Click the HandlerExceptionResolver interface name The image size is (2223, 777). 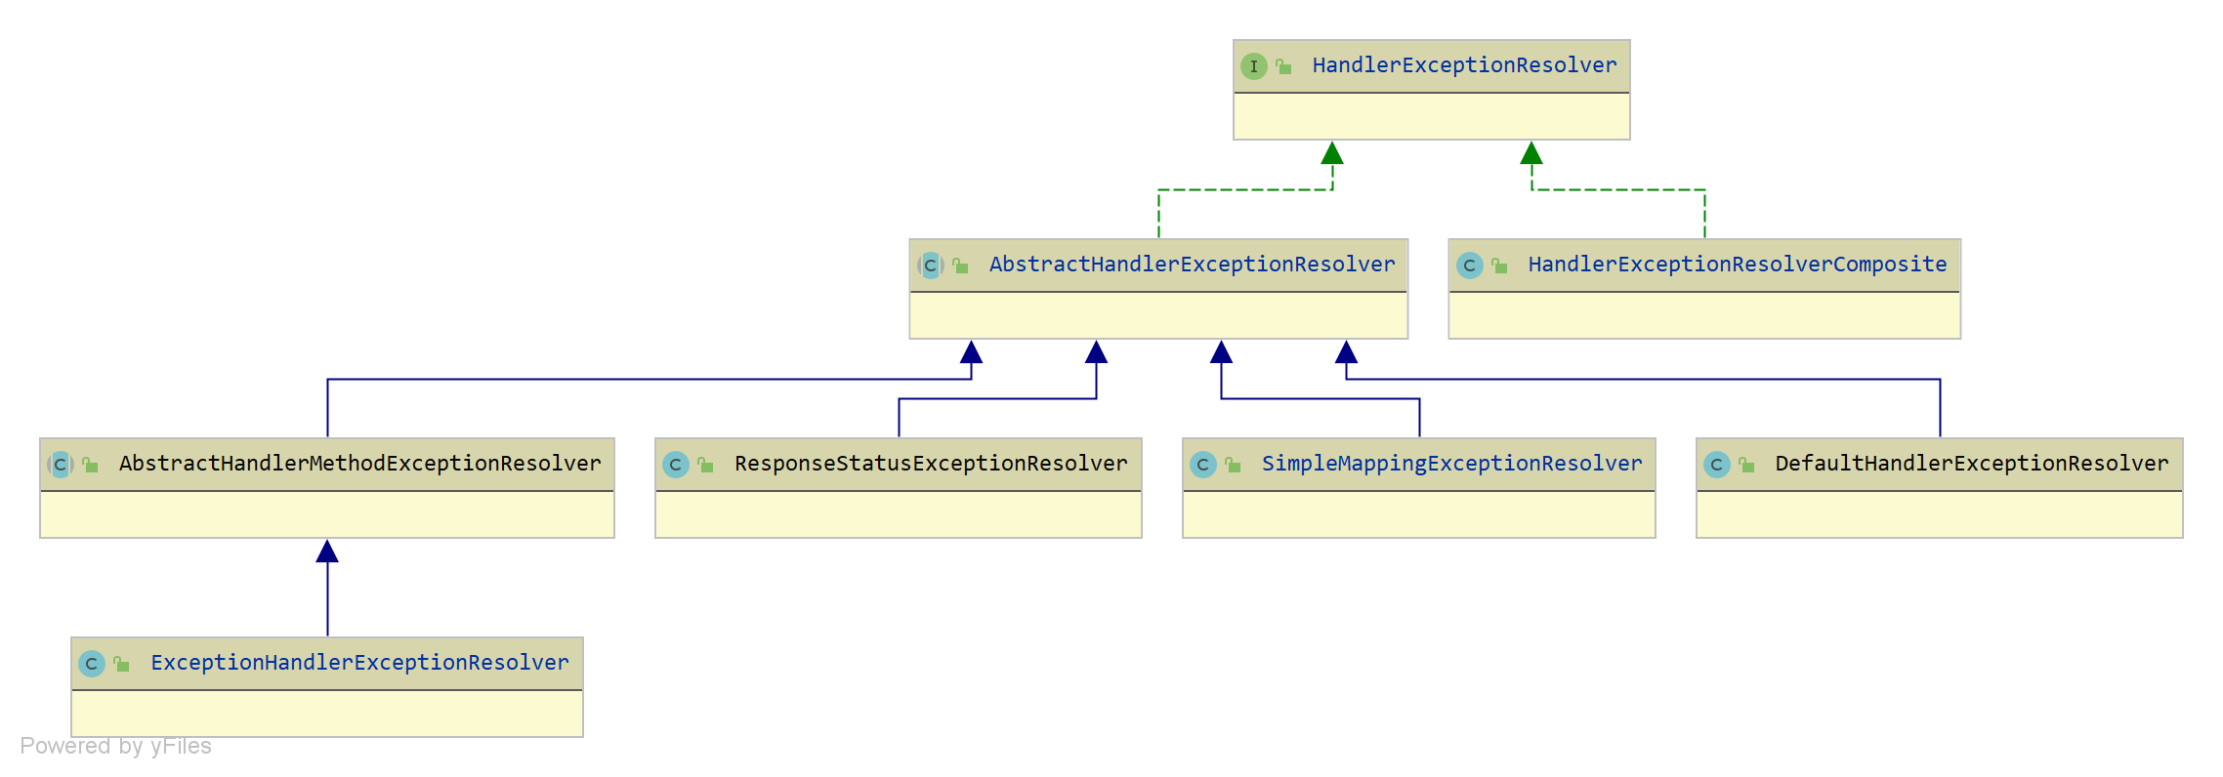point(1463,65)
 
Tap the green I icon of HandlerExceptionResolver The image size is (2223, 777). point(1254,66)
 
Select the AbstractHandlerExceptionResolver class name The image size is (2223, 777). point(1192,265)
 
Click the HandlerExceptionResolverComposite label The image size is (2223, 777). point(1737,265)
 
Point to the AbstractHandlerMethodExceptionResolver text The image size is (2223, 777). point(359,464)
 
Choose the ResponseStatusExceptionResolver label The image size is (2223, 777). point(930,464)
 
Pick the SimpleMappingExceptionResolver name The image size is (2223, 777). point(1451,464)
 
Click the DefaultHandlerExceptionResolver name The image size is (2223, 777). point(1971,464)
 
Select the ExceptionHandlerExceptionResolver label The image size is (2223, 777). point(359,663)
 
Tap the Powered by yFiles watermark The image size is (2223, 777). point(115,747)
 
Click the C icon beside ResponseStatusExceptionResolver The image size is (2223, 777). point(675,465)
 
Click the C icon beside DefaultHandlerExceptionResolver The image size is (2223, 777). point(1716,465)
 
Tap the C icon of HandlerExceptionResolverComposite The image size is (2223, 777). point(1469,266)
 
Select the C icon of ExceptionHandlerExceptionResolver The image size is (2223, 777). point(91,664)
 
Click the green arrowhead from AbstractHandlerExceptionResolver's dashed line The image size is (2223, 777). point(1332,154)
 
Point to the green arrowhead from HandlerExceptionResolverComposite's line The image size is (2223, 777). point(1531,154)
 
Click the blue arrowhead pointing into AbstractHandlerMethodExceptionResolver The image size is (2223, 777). point(327,552)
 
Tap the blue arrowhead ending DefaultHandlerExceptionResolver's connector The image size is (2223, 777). point(1346,352)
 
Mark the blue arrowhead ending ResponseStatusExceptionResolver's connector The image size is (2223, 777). point(1096,352)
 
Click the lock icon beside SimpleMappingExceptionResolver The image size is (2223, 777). point(1233,465)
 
